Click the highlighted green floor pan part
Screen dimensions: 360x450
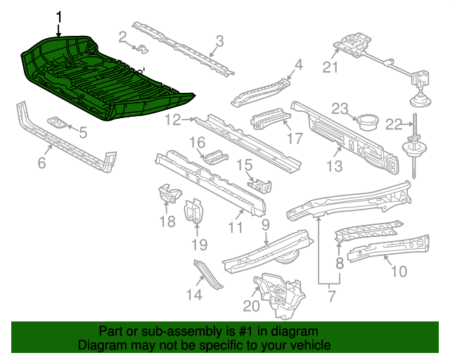105,81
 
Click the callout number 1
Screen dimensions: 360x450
59,17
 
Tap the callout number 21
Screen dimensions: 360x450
330,67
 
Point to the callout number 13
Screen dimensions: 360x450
334,166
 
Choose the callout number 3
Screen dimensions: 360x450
219,41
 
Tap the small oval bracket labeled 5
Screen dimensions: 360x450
59,124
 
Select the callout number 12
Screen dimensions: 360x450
173,120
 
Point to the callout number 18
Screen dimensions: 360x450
167,222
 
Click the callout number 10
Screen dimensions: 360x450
398,271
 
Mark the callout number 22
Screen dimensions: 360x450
393,124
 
